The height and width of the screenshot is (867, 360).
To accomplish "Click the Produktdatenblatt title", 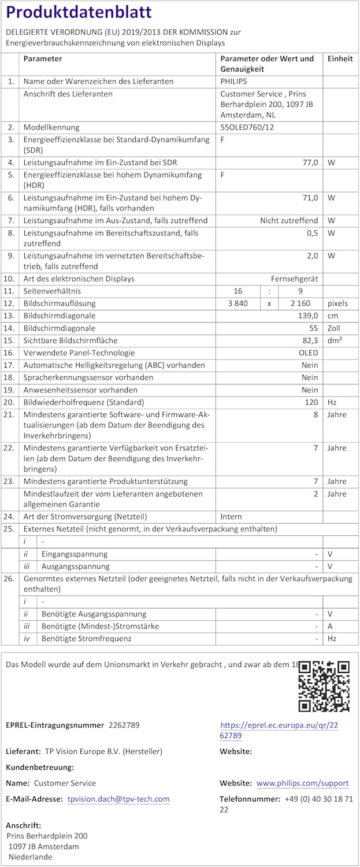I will [79, 12].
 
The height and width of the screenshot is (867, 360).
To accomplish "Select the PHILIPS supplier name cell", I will [233, 81].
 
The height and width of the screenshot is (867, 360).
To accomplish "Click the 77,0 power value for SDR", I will [310, 163].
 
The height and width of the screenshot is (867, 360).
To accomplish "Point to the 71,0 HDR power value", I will [310, 198].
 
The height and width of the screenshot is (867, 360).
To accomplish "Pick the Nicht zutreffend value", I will [289, 221].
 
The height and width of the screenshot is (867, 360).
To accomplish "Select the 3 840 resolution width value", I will [237, 303].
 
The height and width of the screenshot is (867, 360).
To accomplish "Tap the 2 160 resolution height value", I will [298, 303].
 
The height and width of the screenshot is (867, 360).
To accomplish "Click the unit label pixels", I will [338, 303].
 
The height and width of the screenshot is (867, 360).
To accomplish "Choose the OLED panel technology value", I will [309, 353].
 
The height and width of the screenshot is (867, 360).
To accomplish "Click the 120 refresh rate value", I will [311, 402].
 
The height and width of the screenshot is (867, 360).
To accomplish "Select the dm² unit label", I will [335, 340].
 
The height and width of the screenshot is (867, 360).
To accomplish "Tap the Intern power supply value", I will [231, 517].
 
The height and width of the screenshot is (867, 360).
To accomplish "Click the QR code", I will [324, 686].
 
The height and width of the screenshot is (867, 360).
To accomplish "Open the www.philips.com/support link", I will [302, 783].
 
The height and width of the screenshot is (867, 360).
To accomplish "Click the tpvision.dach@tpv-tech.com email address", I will [118, 799].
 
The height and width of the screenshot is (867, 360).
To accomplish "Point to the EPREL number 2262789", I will [124, 725].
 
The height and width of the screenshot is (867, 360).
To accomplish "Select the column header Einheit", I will [340, 59].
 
